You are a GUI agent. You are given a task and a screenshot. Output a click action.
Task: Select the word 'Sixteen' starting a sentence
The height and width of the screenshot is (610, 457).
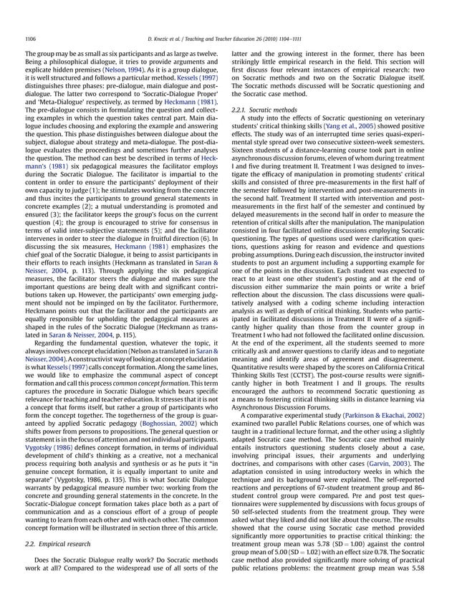pos(246,152)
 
